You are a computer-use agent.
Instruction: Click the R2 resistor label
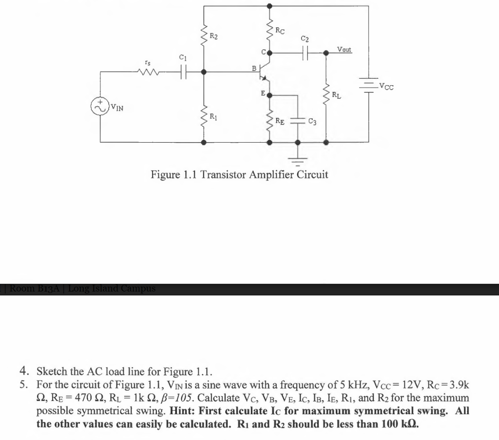pyautogui.click(x=214, y=36)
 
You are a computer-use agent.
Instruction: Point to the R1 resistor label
pyautogui.click(x=213, y=116)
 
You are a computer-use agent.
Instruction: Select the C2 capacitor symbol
pyautogui.click(x=306, y=52)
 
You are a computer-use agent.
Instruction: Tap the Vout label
pyautogui.click(x=344, y=50)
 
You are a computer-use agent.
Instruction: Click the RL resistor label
pyautogui.click(x=336, y=95)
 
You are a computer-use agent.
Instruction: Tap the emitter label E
pyautogui.click(x=263, y=92)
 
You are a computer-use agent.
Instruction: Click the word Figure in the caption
pyautogui.click(x=166, y=174)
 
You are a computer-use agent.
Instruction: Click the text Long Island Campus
pyautogui.click(x=112, y=288)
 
